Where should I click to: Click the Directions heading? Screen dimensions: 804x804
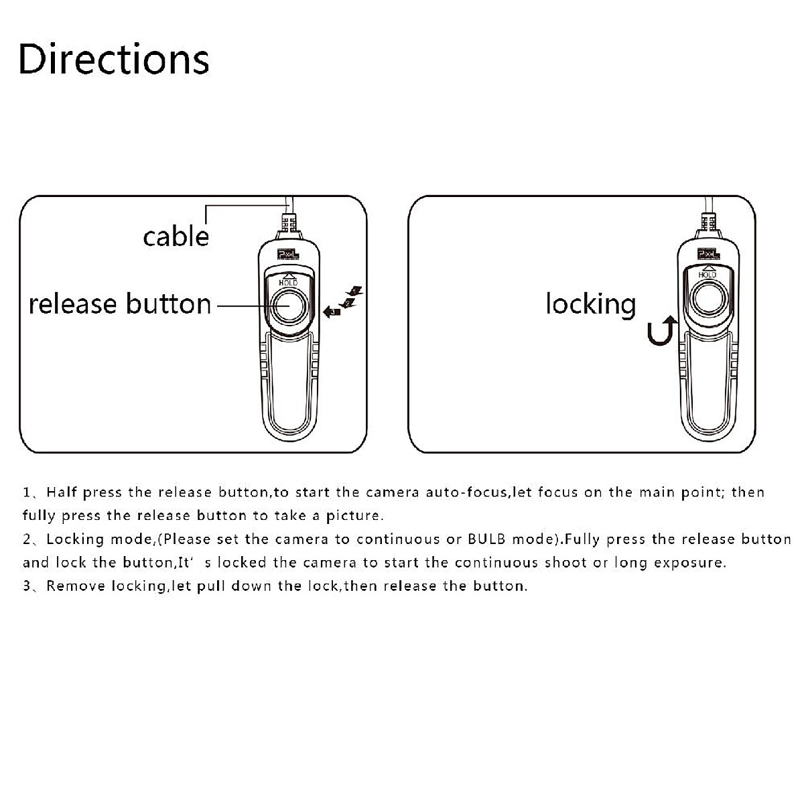(x=114, y=59)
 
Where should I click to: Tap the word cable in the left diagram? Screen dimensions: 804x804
(x=176, y=236)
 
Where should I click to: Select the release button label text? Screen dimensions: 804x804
(x=120, y=304)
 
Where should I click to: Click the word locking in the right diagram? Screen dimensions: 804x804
(x=590, y=304)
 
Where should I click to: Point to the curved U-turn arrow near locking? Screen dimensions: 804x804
(x=661, y=332)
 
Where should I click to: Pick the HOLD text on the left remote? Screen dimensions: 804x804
(x=289, y=283)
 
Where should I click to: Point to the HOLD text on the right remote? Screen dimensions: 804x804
(x=708, y=275)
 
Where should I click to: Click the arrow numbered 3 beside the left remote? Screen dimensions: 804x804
(x=332, y=311)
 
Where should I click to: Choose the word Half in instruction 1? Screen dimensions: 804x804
(x=62, y=492)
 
